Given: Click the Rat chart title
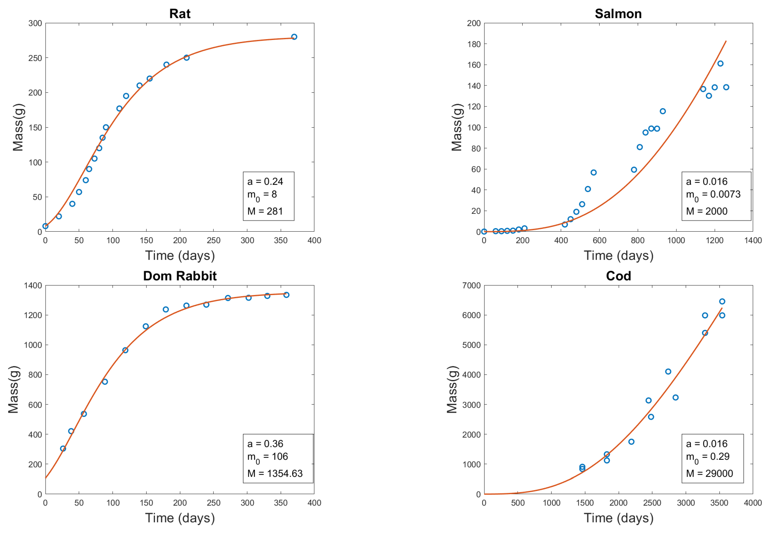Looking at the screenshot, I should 180,14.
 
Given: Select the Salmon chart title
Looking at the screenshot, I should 618,14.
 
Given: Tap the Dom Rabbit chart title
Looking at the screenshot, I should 180,276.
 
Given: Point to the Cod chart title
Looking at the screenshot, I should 618,276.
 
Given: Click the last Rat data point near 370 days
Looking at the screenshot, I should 294,37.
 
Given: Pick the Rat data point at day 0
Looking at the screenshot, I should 45,226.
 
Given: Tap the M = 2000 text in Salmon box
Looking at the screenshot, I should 706,211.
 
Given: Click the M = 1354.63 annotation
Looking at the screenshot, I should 275,473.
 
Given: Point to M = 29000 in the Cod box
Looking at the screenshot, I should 709,473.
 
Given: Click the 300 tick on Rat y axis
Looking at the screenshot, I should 35,23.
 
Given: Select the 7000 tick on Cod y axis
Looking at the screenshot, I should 471,285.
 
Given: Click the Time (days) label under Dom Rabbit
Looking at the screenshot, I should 180,518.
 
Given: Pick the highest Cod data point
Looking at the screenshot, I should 722,301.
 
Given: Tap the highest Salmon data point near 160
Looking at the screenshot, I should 720,63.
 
